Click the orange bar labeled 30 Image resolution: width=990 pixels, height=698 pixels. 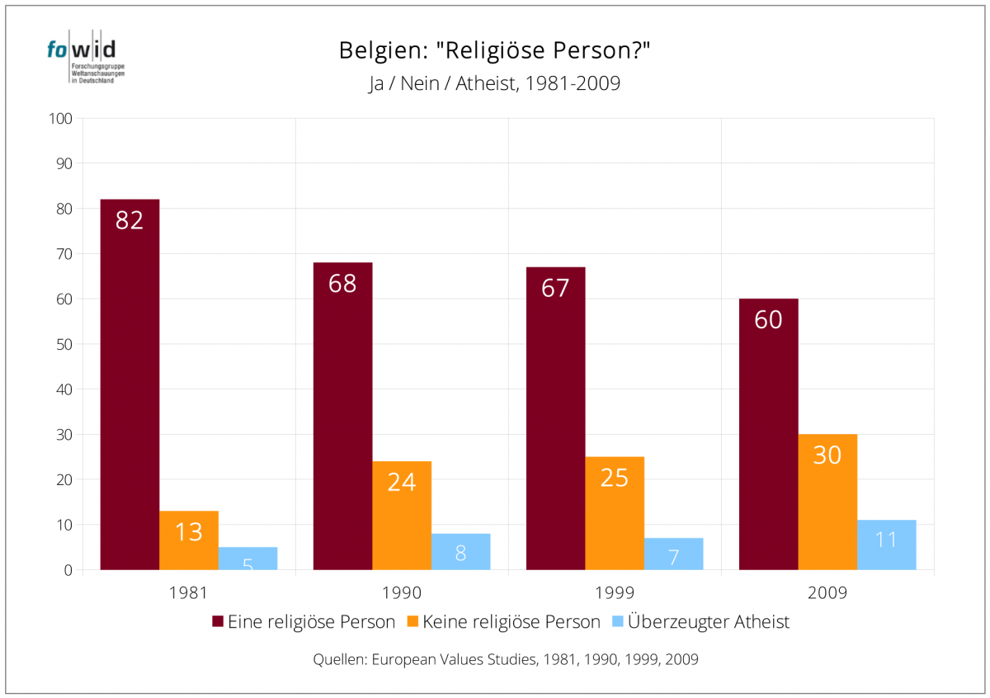click(x=827, y=503)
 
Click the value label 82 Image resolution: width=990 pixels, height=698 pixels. click(x=130, y=220)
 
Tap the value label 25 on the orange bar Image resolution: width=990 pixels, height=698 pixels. click(x=615, y=478)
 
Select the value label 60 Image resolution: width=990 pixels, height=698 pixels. click(x=768, y=320)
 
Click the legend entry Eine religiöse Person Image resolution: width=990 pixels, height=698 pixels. click(x=304, y=622)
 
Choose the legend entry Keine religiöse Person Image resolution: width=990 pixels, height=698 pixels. click(x=503, y=622)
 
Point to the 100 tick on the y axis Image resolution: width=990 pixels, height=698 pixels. click(x=62, y=119)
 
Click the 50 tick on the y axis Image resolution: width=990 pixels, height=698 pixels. click(x=64, y=344)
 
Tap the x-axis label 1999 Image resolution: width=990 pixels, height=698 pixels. click(x=615, y=592)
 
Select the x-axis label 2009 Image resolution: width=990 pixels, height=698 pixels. click(x=827, y=592)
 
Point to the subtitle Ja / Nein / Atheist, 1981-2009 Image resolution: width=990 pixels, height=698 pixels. click(x=494, y=83)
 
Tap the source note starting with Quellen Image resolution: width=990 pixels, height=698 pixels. click(x=506, y=660)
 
